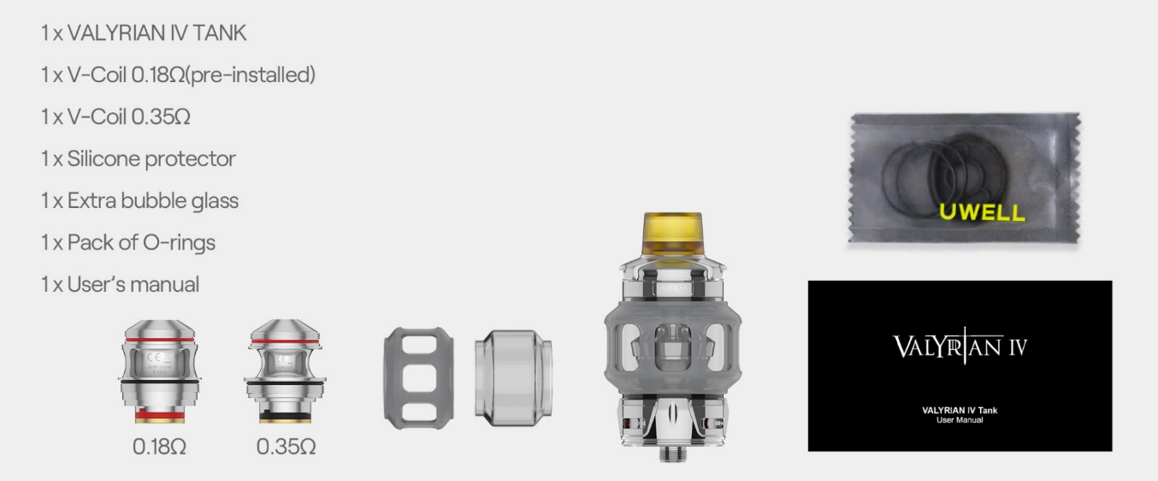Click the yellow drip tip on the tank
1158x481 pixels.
pyautogui.click(x=672, y=234)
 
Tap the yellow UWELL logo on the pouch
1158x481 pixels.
pyautogui.click(x=982, y=212)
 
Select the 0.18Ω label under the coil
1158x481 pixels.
pyautogui.click(x=159, y=447)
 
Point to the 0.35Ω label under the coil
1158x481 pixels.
pyautogui.click(x=286, y=447)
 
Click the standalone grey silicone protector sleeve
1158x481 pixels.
pyautogui.click(x=419, y=378)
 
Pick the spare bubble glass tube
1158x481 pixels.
pyautogui.click(x=513, y=378)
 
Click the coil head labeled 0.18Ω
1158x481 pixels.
pyautogui.click(x=160, y=371)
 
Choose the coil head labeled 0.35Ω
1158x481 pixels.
pyautogui.click(x=286, y=371)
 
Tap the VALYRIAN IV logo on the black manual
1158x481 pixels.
pyautogui.click(x=960, y=346)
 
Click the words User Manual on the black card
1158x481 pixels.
pyautogui.click(x=960, y=420)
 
